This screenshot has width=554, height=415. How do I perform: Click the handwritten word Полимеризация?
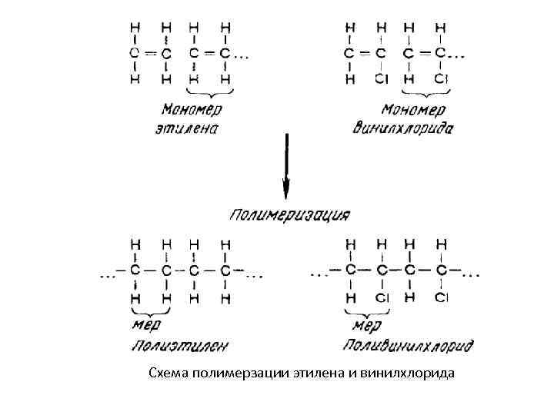click(x=289, y=214)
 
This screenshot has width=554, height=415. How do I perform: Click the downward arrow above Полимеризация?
click(x=286, y=165)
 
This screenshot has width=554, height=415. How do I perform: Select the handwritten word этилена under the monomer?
click(x=189, y=128)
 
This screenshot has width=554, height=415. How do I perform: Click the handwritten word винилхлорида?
click(x=402, y=128)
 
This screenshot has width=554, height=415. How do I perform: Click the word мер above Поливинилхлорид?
click(x=367, y=326)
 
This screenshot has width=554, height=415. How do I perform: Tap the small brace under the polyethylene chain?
click(x=150, y=311)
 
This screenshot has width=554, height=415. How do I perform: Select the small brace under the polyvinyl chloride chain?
click(x=365, y=311)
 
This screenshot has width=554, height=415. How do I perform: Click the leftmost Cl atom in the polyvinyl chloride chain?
click(x=381, y=296)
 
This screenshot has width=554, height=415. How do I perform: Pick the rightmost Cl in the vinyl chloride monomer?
click(x=440, y=79)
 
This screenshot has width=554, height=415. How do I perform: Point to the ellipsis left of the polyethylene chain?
click(x=106, y=274)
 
